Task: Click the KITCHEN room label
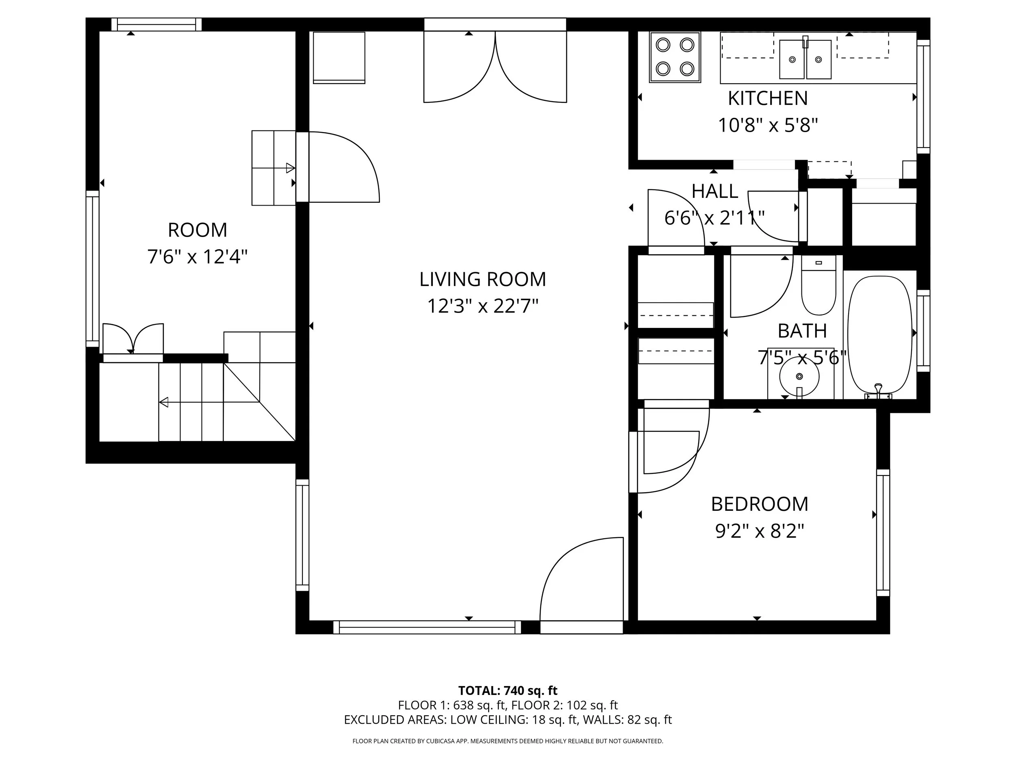pyautogui.click(x=768, y=98)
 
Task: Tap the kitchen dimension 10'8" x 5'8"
pyautogui.click(x=768, y=125)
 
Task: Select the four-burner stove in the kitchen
pyautogui.click(x=675, y=57)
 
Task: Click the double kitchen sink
pyautogui.click(x=805, y=59)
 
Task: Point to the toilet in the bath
pyautogui.click(x=818, y=287)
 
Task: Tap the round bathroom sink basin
pyautogui.click(x=799, y=377)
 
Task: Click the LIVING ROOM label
pyautogui.click(x=482, y=279)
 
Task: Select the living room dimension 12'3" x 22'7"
pyautogui.click(x=482, y=306)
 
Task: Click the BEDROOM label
pyautogui.click(x=759, y=504)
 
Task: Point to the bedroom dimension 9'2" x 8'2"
pyautogui.click(x=759, y=532)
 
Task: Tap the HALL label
pyautogui.click(x=715, y=191)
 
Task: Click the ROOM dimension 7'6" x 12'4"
pyautogui.click(x=198, y=257)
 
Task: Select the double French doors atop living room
pyautogui.click(x=495, y=67)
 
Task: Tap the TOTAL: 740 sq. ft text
pyautogui.click(x=508, y=691)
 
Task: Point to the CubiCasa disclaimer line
pyautogui.click(x=508, y=741)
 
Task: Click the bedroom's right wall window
pyautogui.click(x=883, y=533)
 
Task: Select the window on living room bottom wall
pyautogui.click(x=427, y=627)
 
